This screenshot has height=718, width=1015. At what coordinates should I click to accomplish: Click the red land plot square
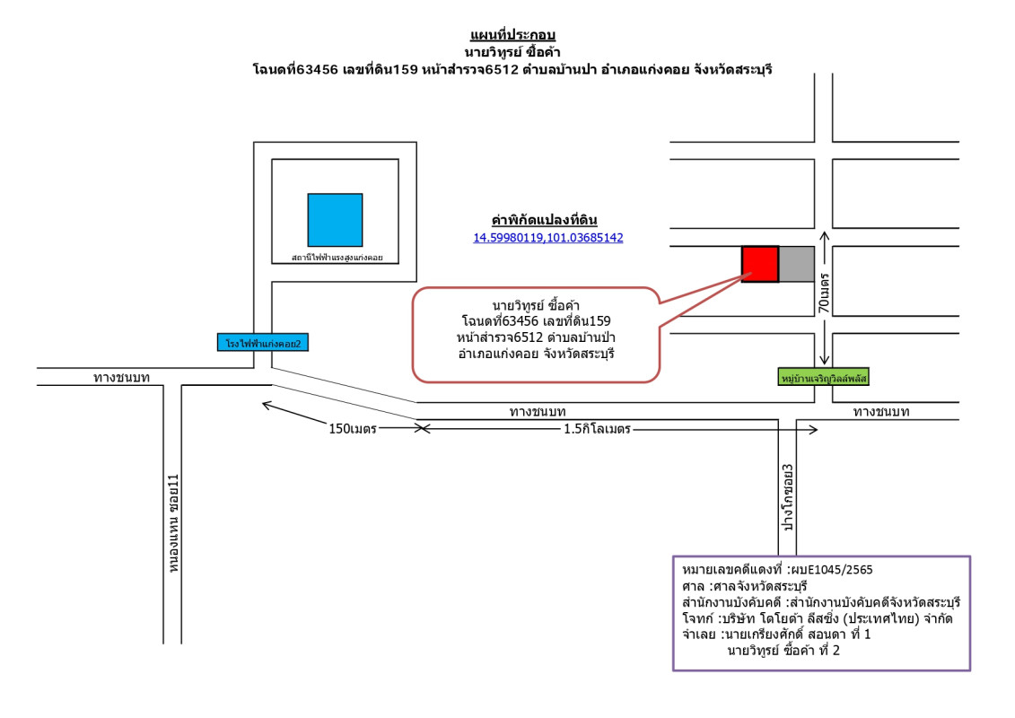click(759, 263)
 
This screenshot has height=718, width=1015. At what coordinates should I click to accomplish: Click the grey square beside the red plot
click(796, 263)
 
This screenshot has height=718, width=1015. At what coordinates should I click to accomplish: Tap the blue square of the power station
click(335, 220)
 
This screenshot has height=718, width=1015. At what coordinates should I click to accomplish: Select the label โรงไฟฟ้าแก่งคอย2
click(264, 342)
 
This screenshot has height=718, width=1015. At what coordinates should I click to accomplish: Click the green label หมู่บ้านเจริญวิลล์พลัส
click(825, 377)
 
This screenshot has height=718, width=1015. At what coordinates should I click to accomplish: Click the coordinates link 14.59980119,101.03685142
click(548, 238)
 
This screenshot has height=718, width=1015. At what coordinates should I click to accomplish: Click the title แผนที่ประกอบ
click(512, 35)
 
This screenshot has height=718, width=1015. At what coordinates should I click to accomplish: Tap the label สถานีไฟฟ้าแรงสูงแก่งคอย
click(337, 258)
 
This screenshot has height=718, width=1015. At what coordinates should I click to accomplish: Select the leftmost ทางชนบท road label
click(121, 378)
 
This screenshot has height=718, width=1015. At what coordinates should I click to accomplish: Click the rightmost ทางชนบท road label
click(881, 412)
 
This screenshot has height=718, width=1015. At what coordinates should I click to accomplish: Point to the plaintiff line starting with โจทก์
click(817, 618)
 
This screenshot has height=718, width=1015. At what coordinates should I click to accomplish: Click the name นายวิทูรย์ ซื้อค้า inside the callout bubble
click(536, 306)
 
